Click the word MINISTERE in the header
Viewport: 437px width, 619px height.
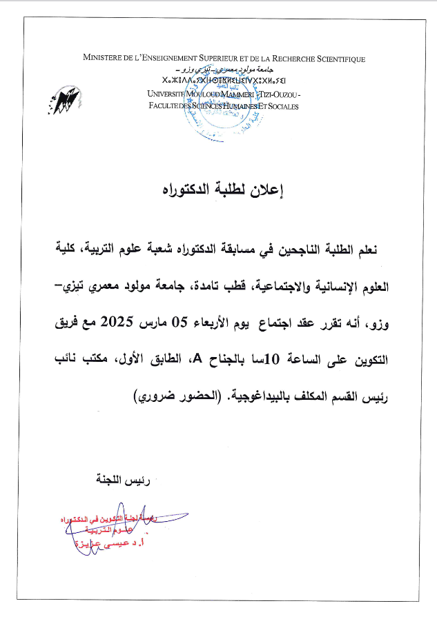point(104,60)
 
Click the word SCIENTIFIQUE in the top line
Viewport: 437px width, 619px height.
point(332,60)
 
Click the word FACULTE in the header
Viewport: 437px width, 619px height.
point(166,105)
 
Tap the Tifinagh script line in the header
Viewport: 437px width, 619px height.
point(222,82)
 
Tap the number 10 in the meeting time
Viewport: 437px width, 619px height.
point(272,358)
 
